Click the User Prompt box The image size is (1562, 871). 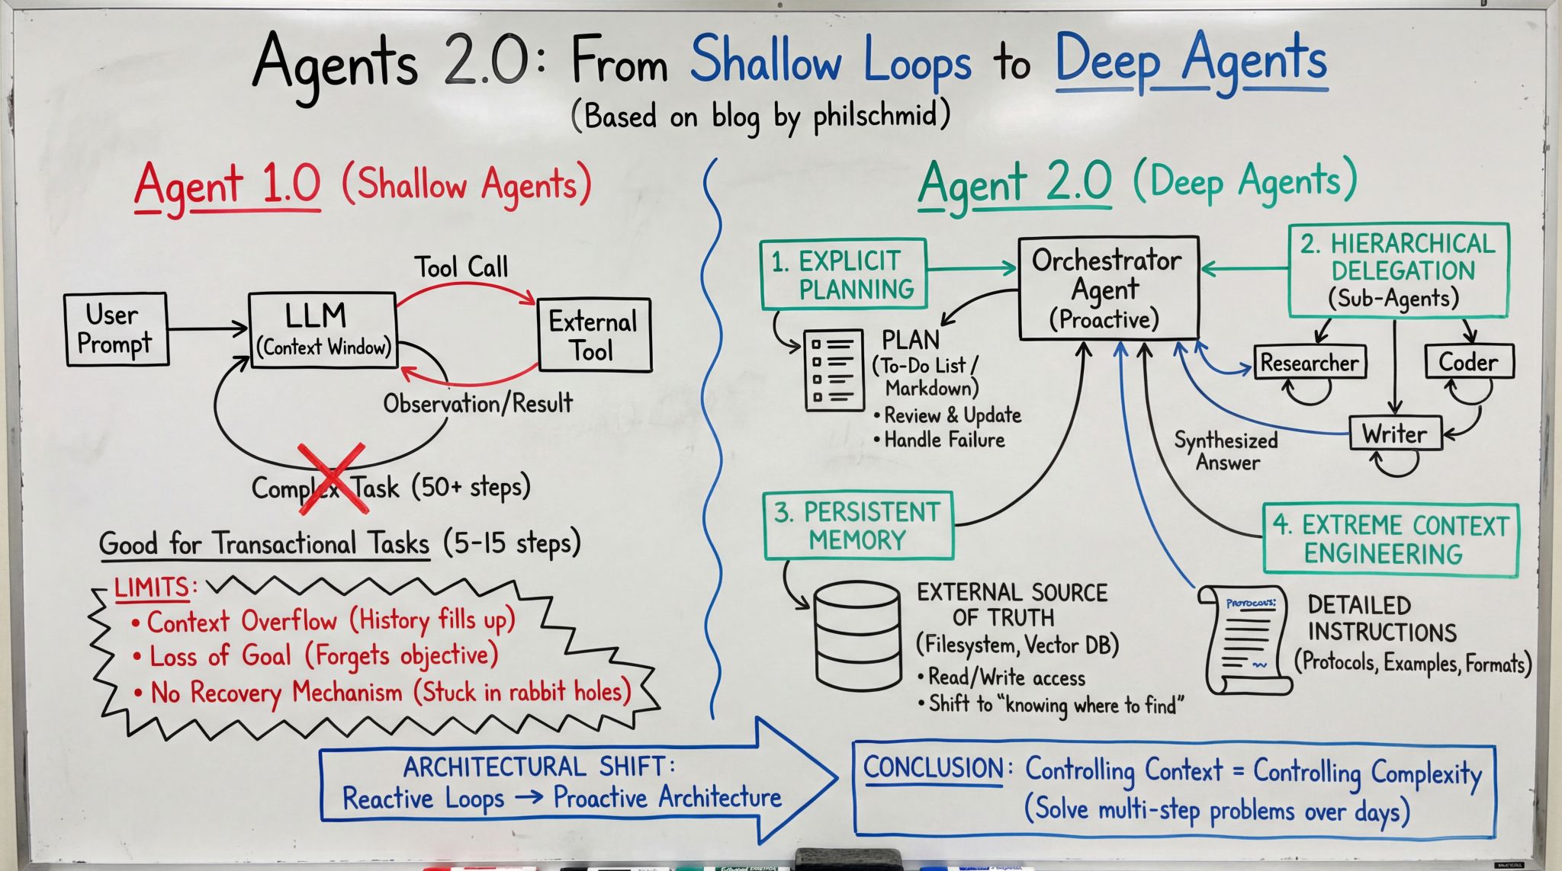coord(116,330)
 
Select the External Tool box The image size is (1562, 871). coord(594,335)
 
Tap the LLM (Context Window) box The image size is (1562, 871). coord(323,330)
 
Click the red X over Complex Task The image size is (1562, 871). coord(330,479)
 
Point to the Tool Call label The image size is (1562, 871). coord(461,267)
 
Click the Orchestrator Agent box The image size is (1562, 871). coord(1107,288)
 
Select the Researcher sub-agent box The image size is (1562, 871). coord(1309,363)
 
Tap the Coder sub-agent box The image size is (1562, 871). coord(1468,362)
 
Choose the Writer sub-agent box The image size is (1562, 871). coord(1394,434)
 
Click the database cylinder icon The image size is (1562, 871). coord(856,636)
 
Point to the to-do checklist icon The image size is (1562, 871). coord(834,370)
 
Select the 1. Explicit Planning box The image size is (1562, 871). coord(843,274)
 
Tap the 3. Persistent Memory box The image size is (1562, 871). coord(857,526)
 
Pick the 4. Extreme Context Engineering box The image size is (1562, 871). coord(1390,540)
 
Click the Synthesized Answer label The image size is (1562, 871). coord(1226,451)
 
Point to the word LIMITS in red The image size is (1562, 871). coord(152,588)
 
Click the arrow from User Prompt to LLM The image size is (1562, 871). coord(207,329)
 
